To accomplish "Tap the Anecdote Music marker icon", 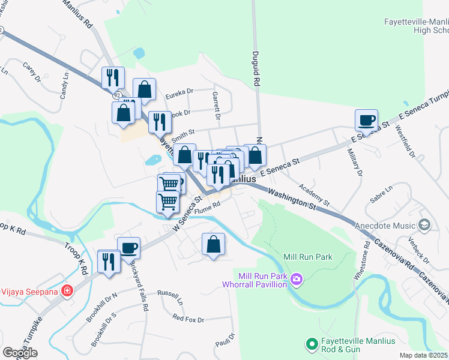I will pos(425,225).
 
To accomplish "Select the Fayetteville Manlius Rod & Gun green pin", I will pos(312,344).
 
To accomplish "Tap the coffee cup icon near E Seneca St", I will pos(366,119).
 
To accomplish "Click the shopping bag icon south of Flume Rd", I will pos(213,244).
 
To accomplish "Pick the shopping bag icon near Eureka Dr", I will pos(145,90).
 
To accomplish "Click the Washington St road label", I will pos(292,199).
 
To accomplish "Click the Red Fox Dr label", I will pos(188,319).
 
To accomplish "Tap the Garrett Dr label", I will pos(217,106).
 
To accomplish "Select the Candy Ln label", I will pos(64,86).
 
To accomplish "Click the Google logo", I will pos(20,353).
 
